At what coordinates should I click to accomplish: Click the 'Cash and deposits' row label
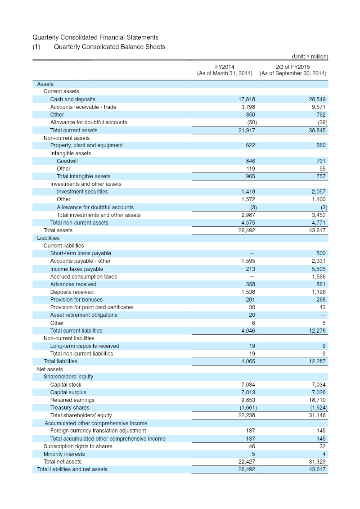click(x=72, y=99)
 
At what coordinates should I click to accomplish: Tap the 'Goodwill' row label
click(x=67, y=161)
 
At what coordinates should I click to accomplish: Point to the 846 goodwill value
click(x=251, y=161)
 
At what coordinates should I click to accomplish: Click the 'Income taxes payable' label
click(x=76, y=269)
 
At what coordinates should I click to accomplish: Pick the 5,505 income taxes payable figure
click(x=318, y=269)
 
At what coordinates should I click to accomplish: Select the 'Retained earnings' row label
click(x=72, y=400)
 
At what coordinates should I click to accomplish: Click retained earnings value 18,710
click(x=317, y=400)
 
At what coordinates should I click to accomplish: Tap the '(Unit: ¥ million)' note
click(x=310, y=57)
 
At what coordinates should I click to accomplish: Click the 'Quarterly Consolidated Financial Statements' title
click(x=95, y=38)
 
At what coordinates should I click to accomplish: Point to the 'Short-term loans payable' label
click(x=81, y=253)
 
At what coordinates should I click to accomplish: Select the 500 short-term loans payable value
click(x=321, y=253)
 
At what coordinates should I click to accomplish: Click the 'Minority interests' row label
click(x=64, y=454)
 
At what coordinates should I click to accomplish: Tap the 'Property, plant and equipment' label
click(x=86, y=145)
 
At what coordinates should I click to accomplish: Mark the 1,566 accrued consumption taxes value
click(x=318, y=277)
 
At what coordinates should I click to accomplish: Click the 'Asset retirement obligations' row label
click(x=84, y=315)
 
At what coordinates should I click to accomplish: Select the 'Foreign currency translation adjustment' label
click(x=98, y=431)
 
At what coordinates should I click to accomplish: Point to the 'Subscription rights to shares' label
click(x=78, y=446)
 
